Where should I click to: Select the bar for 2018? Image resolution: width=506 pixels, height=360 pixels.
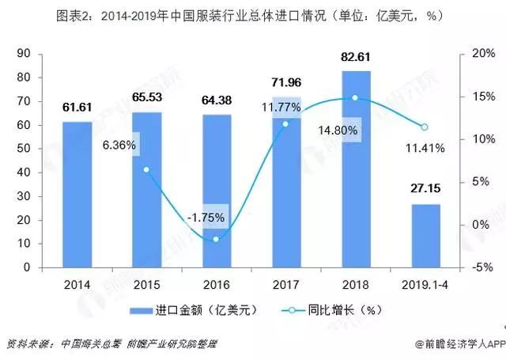click(356, 169)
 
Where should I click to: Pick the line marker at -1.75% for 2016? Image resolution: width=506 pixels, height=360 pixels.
click(217, 239)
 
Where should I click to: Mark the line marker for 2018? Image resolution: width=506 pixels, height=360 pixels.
click(355, 97)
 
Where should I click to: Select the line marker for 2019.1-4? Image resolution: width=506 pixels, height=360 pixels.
click(425, 127)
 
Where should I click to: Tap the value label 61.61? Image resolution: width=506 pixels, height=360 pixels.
click(77, 107)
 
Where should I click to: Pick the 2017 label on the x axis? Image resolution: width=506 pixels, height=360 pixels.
click(285, 283)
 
